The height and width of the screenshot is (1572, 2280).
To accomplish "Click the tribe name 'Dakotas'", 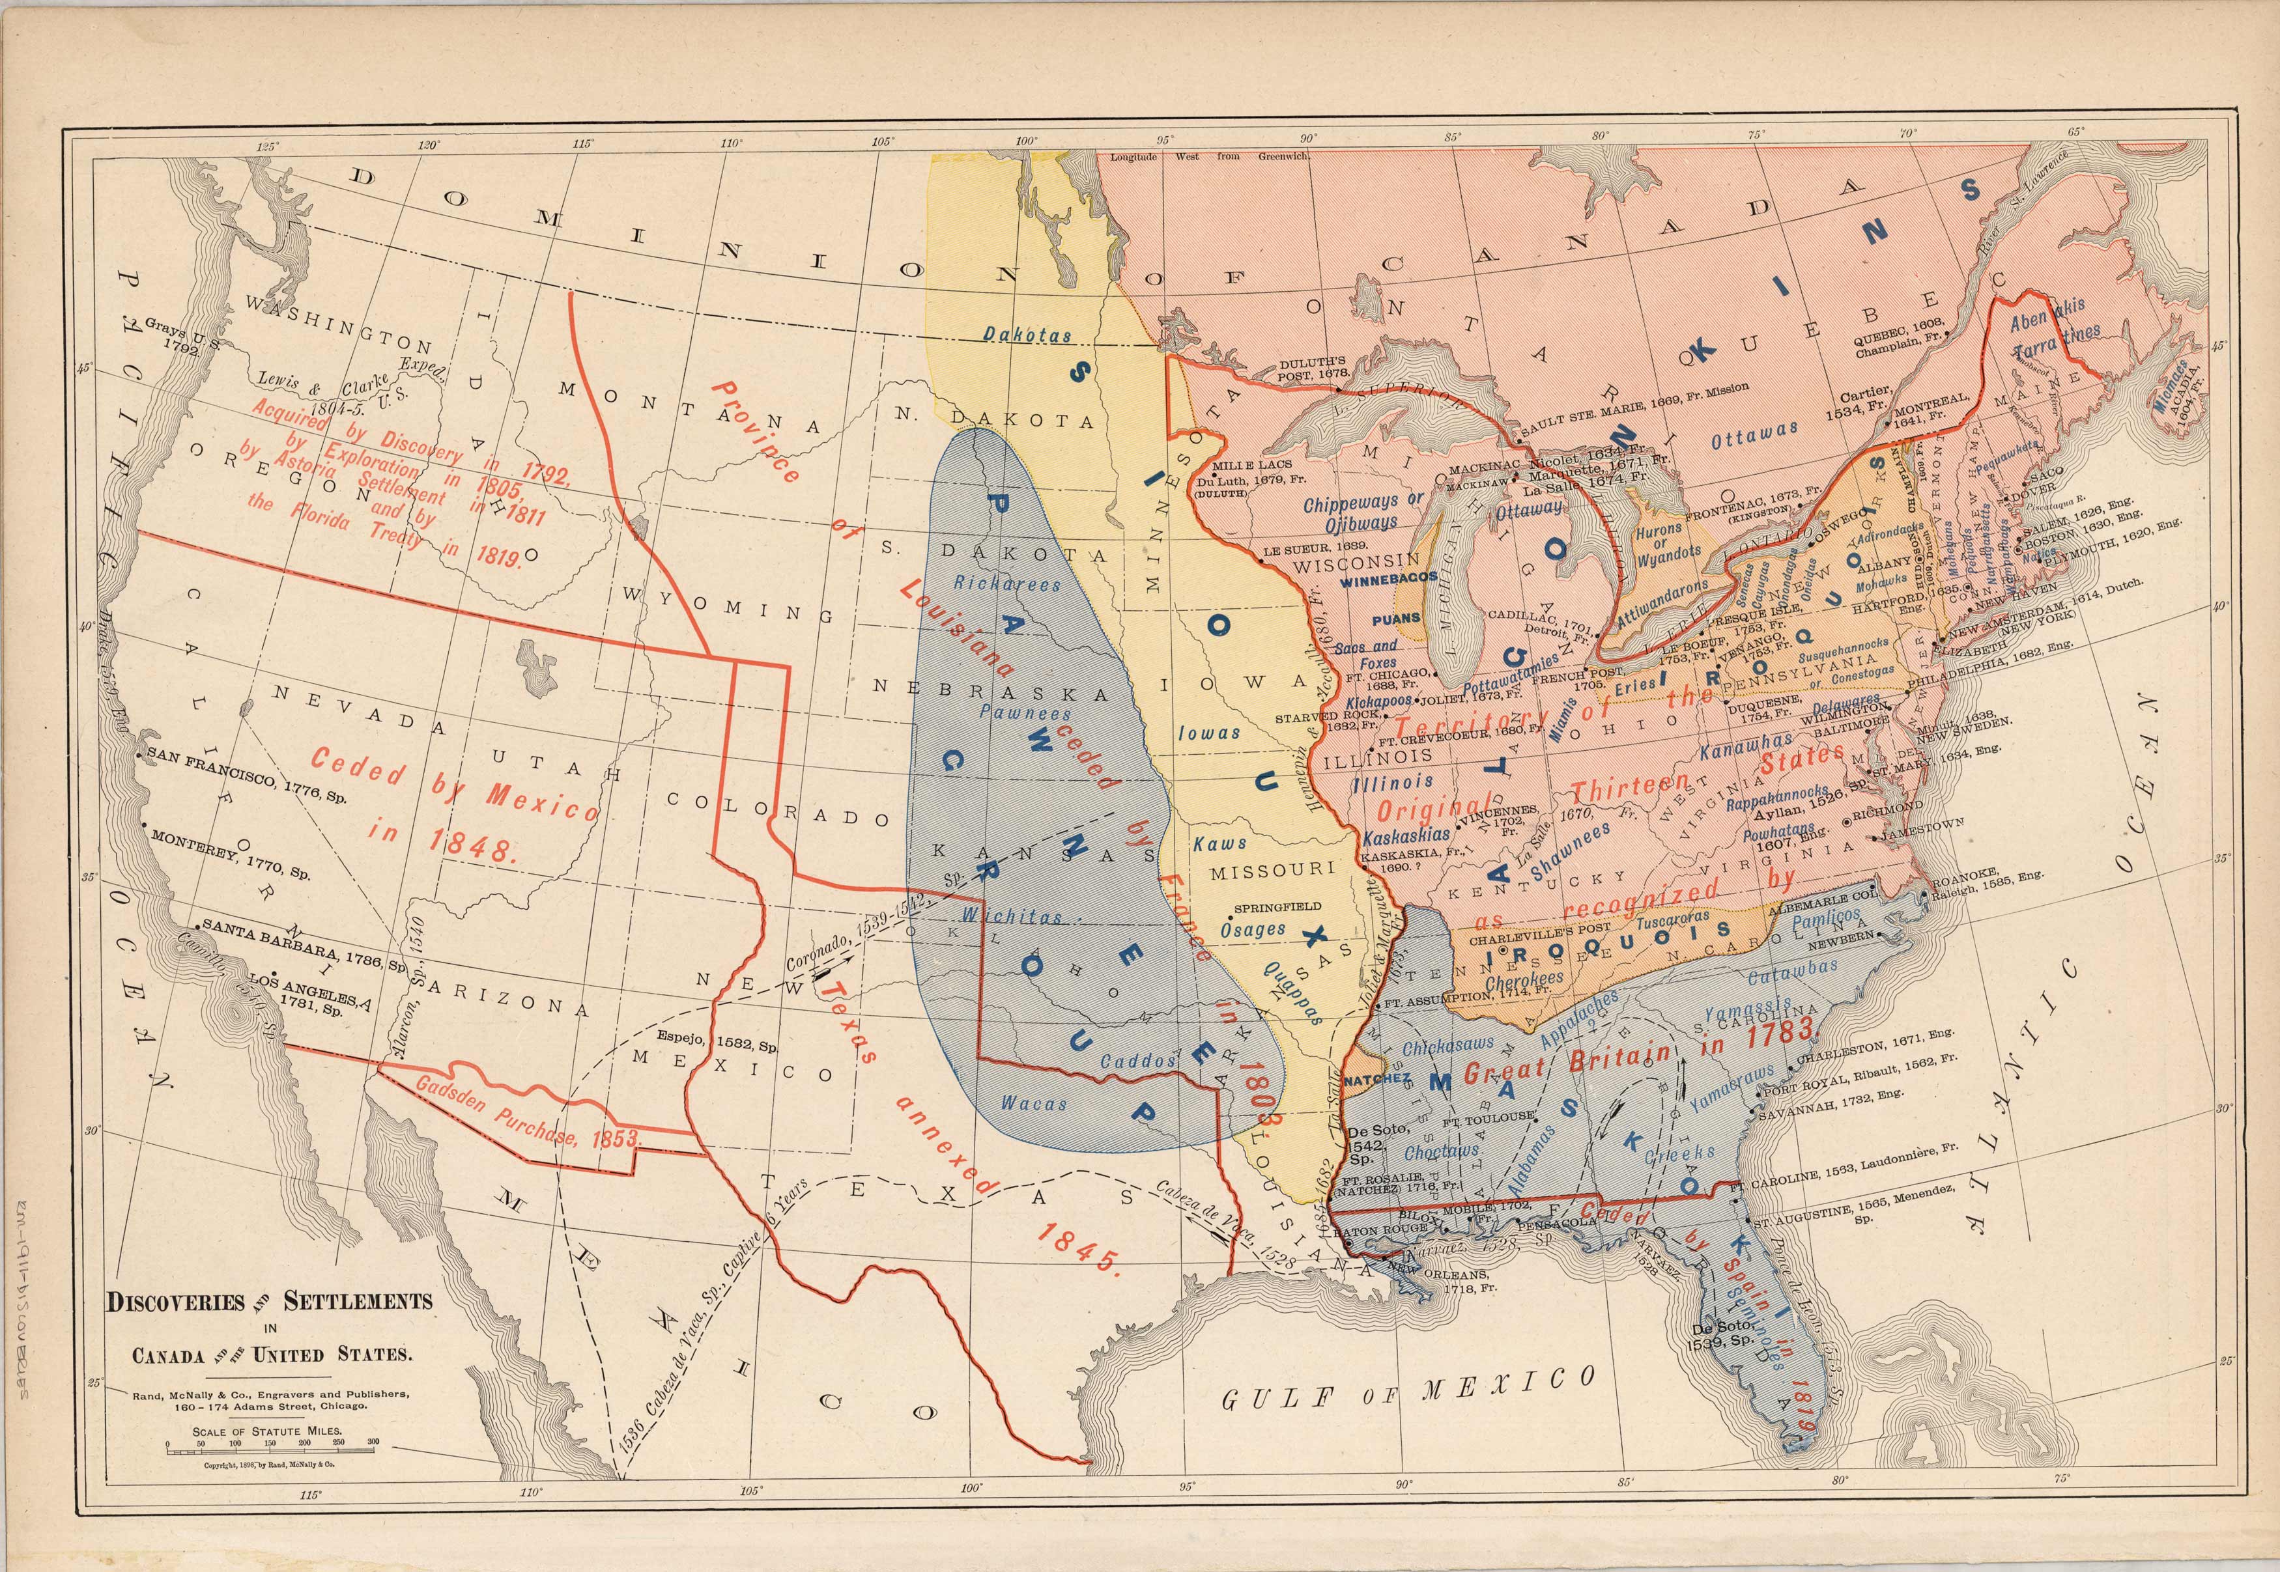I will [1027, 336].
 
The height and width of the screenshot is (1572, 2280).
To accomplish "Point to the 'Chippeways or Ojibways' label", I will [1363, 510].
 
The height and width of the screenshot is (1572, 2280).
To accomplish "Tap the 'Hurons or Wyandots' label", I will [1665, 542].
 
